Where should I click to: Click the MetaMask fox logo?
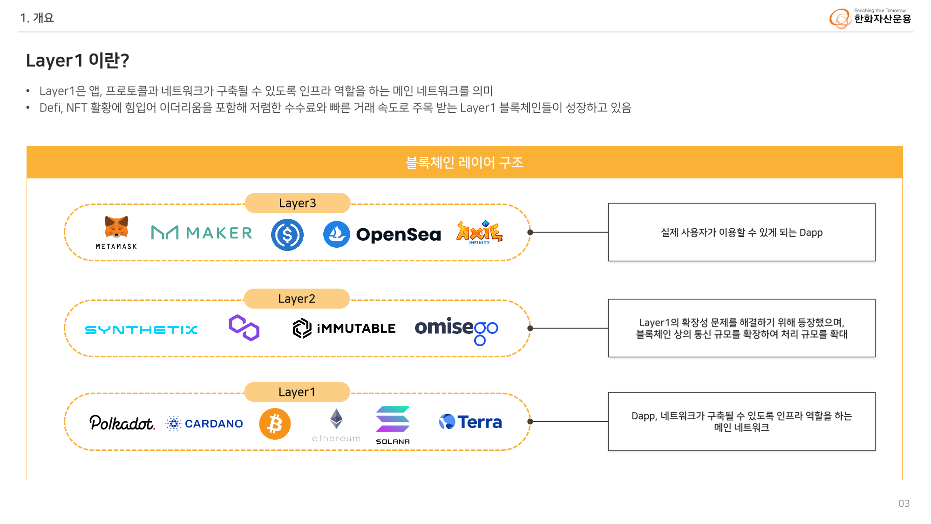(x=116, y=227)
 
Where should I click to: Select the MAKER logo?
(x=202, y=232)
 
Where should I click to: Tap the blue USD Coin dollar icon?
(x=287, y=235)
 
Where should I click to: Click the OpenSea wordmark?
(x=398, y=234)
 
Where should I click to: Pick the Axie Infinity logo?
(x=479, y=232)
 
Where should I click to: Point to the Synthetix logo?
(x=141, y=330)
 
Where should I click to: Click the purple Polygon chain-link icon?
(x=244, y=328)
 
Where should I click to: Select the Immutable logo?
(x=344, y=328)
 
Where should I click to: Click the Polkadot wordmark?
(x=122, y=423)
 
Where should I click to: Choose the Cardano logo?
(x=205, y=423)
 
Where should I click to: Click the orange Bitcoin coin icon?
(x=275, y=424)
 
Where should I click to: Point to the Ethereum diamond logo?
(x=336, y=419)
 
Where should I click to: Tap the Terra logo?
(x=470, y=422)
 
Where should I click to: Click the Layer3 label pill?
(x=297, y=203)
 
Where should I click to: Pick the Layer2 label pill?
(x=297, y=299)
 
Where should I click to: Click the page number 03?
(x=904, y=504)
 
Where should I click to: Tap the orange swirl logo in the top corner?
(x=840, y=19)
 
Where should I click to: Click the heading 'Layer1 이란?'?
(x=77, y=61)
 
